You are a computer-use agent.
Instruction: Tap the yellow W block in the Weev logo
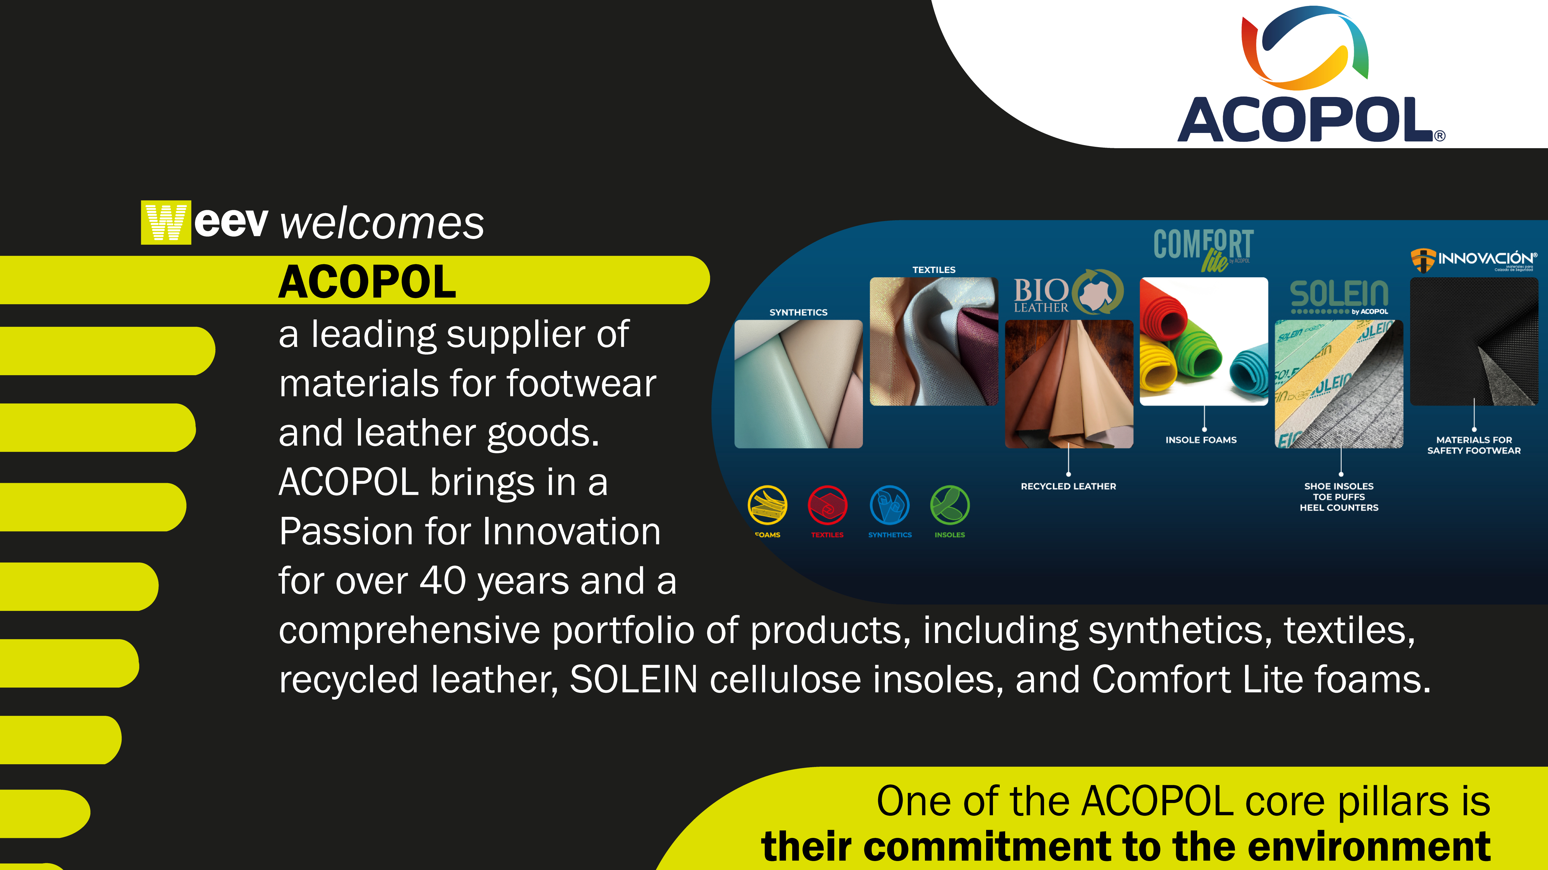[x=166, y=222]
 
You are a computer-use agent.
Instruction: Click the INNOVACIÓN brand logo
[x=1473, y=260]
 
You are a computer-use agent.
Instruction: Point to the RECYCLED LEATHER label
[x=1068, y=486]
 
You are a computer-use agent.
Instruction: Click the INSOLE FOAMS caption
[x=1201, y=440]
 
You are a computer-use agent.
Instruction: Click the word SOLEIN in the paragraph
[x=633, y=679]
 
